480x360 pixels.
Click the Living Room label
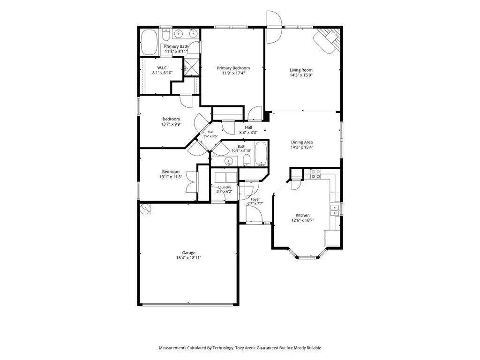301,70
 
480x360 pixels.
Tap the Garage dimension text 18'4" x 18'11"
188,258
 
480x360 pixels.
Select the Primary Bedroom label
233,68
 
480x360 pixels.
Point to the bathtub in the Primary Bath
149,42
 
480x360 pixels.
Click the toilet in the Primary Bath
166,35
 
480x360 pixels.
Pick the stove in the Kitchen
316,174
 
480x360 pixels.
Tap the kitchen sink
335,210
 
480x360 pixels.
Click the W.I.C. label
163,68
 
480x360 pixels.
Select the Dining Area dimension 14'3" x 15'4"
302,147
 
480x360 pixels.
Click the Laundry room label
225,187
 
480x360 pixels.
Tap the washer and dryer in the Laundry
226,177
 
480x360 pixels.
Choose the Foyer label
255,199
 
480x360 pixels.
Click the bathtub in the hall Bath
261,154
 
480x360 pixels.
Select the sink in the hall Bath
228,161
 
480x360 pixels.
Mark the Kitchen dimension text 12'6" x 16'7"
303,220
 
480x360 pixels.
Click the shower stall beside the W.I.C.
192,67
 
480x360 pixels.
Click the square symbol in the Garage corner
145,209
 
